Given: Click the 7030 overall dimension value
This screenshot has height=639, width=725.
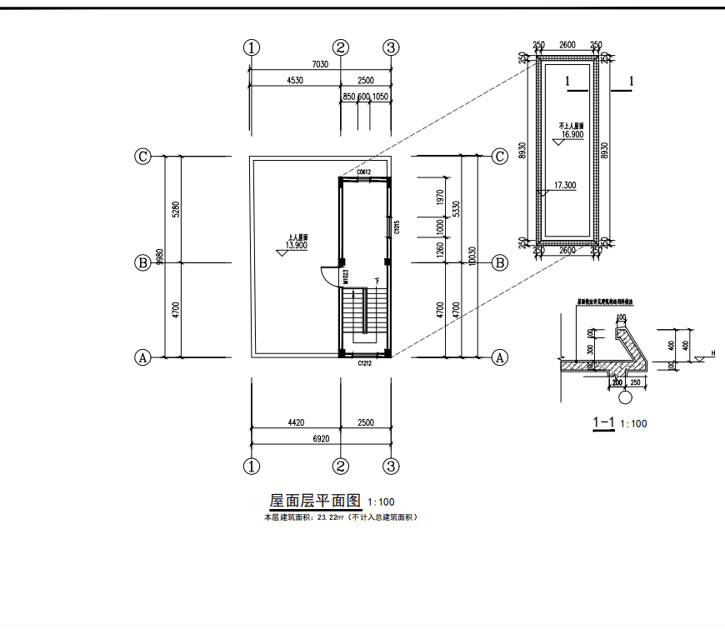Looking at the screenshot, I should click(x=319, y=64).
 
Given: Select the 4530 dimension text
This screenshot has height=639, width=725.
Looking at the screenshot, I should click(x=294, y=81).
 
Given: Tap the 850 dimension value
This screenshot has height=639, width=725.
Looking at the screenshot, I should click(x=349, y=97).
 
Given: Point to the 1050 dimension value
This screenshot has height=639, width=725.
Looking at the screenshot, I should click(x=380, y=97).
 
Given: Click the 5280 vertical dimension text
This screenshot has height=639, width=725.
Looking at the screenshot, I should click(x=176, y=209).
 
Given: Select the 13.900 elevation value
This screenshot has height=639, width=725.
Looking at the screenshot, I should click(x=297, y=246).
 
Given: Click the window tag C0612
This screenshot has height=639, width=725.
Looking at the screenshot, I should click(x=363, y=172).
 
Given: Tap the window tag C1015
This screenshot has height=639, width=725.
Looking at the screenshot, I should click(x=397, y=227).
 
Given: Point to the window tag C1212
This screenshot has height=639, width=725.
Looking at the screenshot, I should click(x=364, y=363).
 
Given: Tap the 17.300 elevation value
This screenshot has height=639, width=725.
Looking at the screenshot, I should click(x=564, y=185).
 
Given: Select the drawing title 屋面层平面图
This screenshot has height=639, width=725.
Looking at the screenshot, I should click(x=314, y=501).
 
